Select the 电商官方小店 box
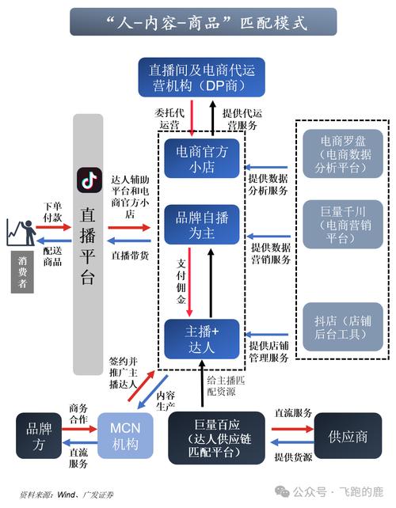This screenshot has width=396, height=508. pos(201,157)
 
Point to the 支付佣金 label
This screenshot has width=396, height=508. pos(181,279)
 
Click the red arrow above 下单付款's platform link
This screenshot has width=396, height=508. pos(54,227)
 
